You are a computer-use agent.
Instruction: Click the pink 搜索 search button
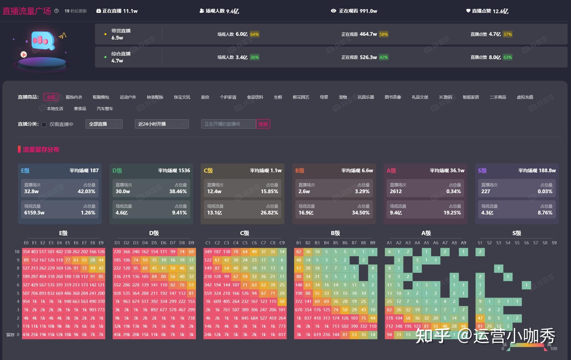[x=263, y=124]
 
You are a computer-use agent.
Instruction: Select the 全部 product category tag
[x=51, y=97]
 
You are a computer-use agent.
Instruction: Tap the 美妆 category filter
[x=205, y=97]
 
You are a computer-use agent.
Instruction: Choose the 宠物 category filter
[x=343, y=97]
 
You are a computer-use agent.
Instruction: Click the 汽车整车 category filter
[x=105, y=109]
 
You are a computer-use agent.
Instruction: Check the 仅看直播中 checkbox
[x=44, y=124]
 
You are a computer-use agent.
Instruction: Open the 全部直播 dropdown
[x=104, y=124]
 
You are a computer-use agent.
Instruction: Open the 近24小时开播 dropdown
[x=162, y=124]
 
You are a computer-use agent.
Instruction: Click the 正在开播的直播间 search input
[x=228, y=124]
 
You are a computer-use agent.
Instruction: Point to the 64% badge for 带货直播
[x=254, y=34]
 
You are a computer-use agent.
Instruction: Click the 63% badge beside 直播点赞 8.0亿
[x=507, y=57]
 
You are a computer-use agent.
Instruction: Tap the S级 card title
[x=482, y=171]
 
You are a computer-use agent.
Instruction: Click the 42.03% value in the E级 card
[x=86, y=191]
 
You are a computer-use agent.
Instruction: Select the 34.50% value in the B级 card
[x=361, y=213]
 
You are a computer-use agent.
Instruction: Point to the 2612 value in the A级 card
[x=396, y=191]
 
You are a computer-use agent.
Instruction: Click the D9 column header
[x=191, y=243]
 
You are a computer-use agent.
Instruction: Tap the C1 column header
[x=208, y=243]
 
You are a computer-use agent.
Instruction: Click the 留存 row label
[x=10, y=335]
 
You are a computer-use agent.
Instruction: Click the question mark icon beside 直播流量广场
[x=56, y=11]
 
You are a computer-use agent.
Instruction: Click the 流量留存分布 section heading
[x=41, y=150]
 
